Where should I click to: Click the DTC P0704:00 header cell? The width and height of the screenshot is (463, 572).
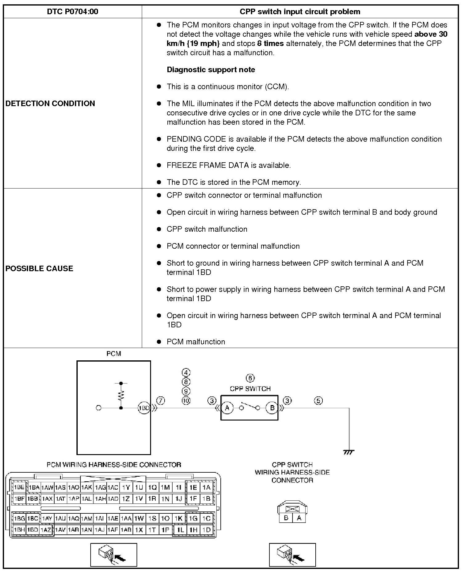point(72,12)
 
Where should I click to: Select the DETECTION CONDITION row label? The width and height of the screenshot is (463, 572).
point(50,103)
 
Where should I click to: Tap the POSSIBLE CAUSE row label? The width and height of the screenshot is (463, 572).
point(39,268)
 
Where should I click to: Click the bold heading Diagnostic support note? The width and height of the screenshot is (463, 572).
point(211,70)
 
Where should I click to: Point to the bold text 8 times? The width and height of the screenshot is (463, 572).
point(270,44)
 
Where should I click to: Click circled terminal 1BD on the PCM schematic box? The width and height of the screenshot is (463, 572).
point(144,408)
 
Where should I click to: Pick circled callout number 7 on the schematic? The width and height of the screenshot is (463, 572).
point(161,401)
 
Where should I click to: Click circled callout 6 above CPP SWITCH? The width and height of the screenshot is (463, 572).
point(250,378)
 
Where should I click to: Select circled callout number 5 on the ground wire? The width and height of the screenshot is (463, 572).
point(318,401)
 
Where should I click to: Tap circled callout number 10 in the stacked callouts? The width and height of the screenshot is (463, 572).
point(186,401)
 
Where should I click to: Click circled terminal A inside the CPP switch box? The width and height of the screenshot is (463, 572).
point(227,408)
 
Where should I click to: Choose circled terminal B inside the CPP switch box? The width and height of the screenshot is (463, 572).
point(272,408)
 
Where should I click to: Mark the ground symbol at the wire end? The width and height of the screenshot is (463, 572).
point(349,452)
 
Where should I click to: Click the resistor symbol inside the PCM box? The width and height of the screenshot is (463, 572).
point(121,395)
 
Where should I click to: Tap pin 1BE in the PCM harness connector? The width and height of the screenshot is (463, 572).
point(19,487)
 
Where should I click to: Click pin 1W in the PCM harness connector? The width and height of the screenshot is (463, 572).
point(139,519)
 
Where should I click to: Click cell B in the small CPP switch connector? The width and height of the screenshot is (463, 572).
point(286,518)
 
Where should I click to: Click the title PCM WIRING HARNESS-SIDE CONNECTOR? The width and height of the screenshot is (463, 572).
point(114,465)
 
